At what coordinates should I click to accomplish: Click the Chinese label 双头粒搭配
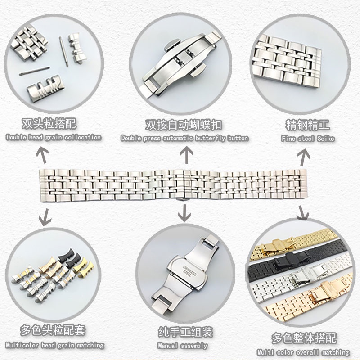[x=54, y=124]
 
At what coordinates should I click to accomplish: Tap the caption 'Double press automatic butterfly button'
[x=184, y=138]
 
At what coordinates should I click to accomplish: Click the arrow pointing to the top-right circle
[x=304, y=156]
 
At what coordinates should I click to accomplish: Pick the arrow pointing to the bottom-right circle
[x=302, y=211]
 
